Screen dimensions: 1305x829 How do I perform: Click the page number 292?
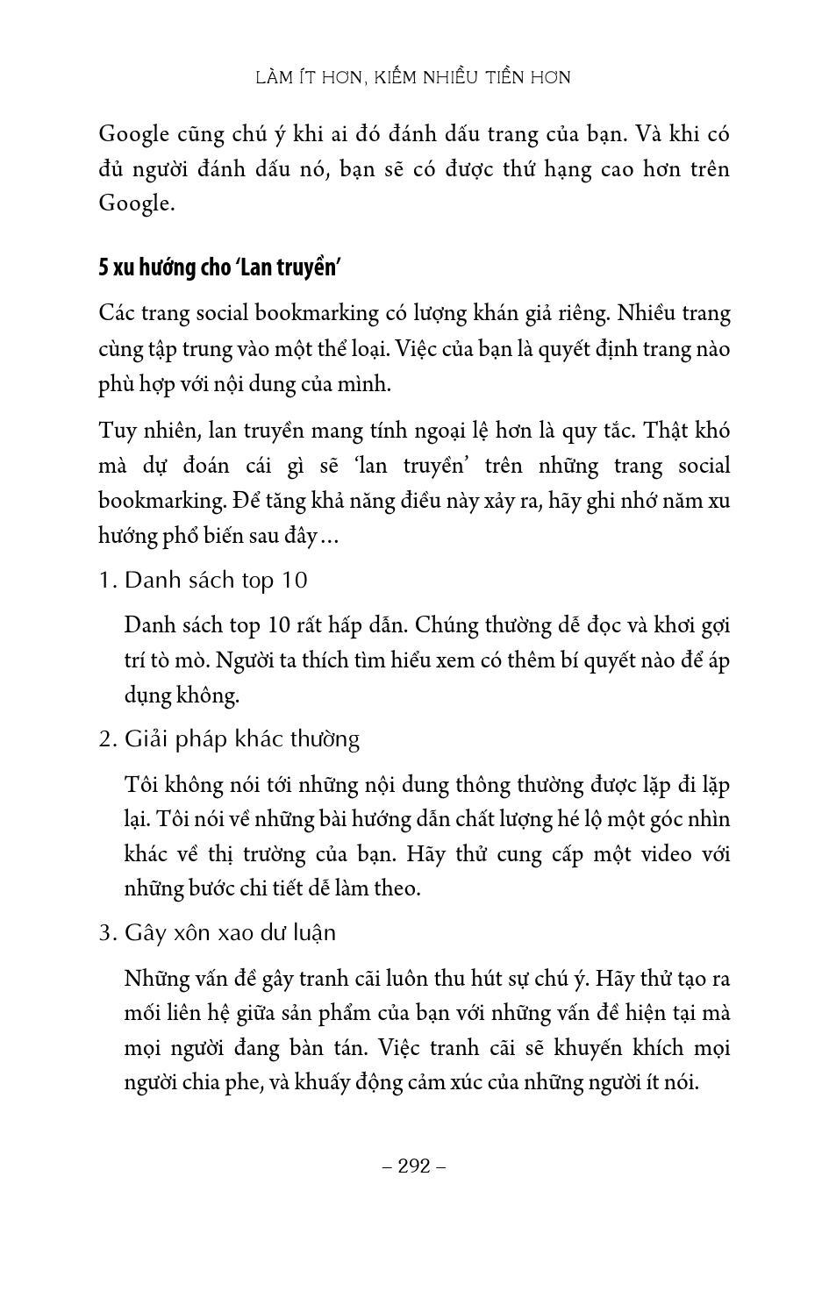pos(415,1166)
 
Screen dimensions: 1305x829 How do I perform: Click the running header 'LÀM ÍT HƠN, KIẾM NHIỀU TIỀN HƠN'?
pos(413,77)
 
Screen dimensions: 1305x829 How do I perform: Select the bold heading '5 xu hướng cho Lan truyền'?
pos(218,267)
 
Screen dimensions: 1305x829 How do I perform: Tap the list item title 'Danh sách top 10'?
pos(216,581)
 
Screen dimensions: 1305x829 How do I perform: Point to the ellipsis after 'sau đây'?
pos(328,537)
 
